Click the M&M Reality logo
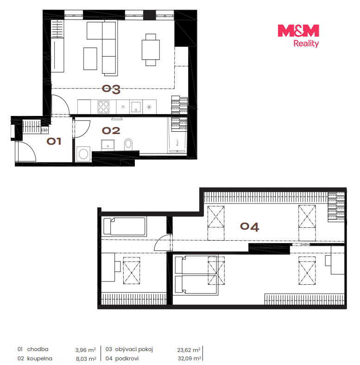coord(298,36)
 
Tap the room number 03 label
coord(111,90)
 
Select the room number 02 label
coord(111,131)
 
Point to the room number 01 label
coord(54,141)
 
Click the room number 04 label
coord(250,227)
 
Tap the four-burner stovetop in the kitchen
coord(103,107)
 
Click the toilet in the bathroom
coord(128,145)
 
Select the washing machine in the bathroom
coord(83,154)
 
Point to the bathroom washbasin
coord(108,145)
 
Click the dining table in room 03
coord(151,50)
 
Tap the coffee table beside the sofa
coord(90,58)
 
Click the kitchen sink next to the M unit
coord(136,107)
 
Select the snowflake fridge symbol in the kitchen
coord(149,107)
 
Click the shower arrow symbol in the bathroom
coord(177,143)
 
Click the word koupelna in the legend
coord(39,359)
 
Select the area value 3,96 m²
coord(86,350)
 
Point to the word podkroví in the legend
coord(127,359)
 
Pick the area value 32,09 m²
coord(189,359)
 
